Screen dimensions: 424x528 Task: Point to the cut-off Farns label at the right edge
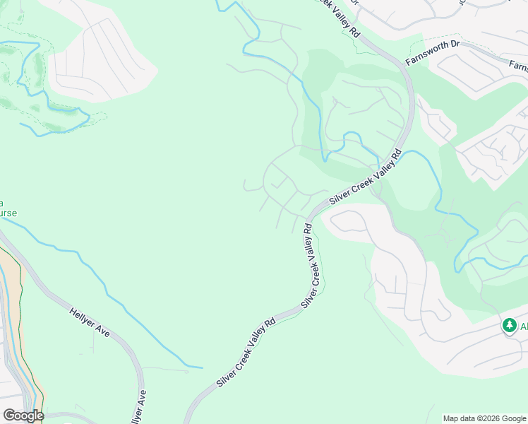518,66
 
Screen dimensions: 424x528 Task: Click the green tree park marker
509,326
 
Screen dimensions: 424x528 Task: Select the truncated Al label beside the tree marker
524,326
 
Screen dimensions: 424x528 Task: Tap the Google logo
23,415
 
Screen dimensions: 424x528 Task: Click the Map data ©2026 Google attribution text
484,418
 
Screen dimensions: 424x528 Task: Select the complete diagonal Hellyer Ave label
90,322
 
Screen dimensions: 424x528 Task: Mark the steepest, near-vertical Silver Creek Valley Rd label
311,265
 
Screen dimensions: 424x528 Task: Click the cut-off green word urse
8,213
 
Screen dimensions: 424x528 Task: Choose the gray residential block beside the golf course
99,57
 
